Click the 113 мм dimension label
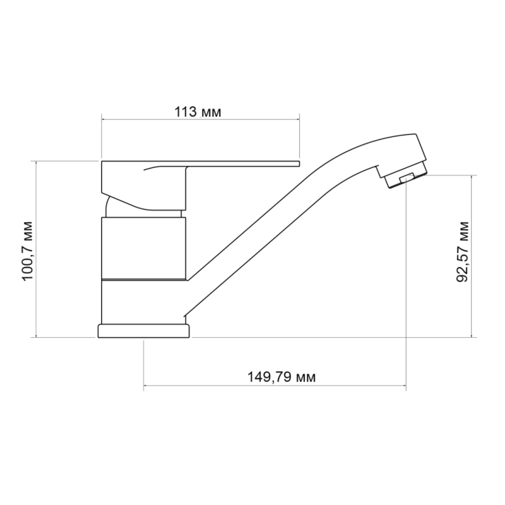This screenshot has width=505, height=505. [198, 112]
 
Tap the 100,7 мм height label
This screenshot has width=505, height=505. [28, 251]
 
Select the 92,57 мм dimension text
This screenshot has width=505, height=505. [463, 251]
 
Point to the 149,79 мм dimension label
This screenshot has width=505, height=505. [281, 377]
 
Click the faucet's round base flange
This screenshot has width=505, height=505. [144, 331]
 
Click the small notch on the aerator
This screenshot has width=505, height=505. [407, 177]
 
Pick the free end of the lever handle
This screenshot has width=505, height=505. [299, 163]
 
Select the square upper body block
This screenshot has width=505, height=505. [144, 248]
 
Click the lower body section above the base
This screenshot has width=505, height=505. [143, 302]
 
